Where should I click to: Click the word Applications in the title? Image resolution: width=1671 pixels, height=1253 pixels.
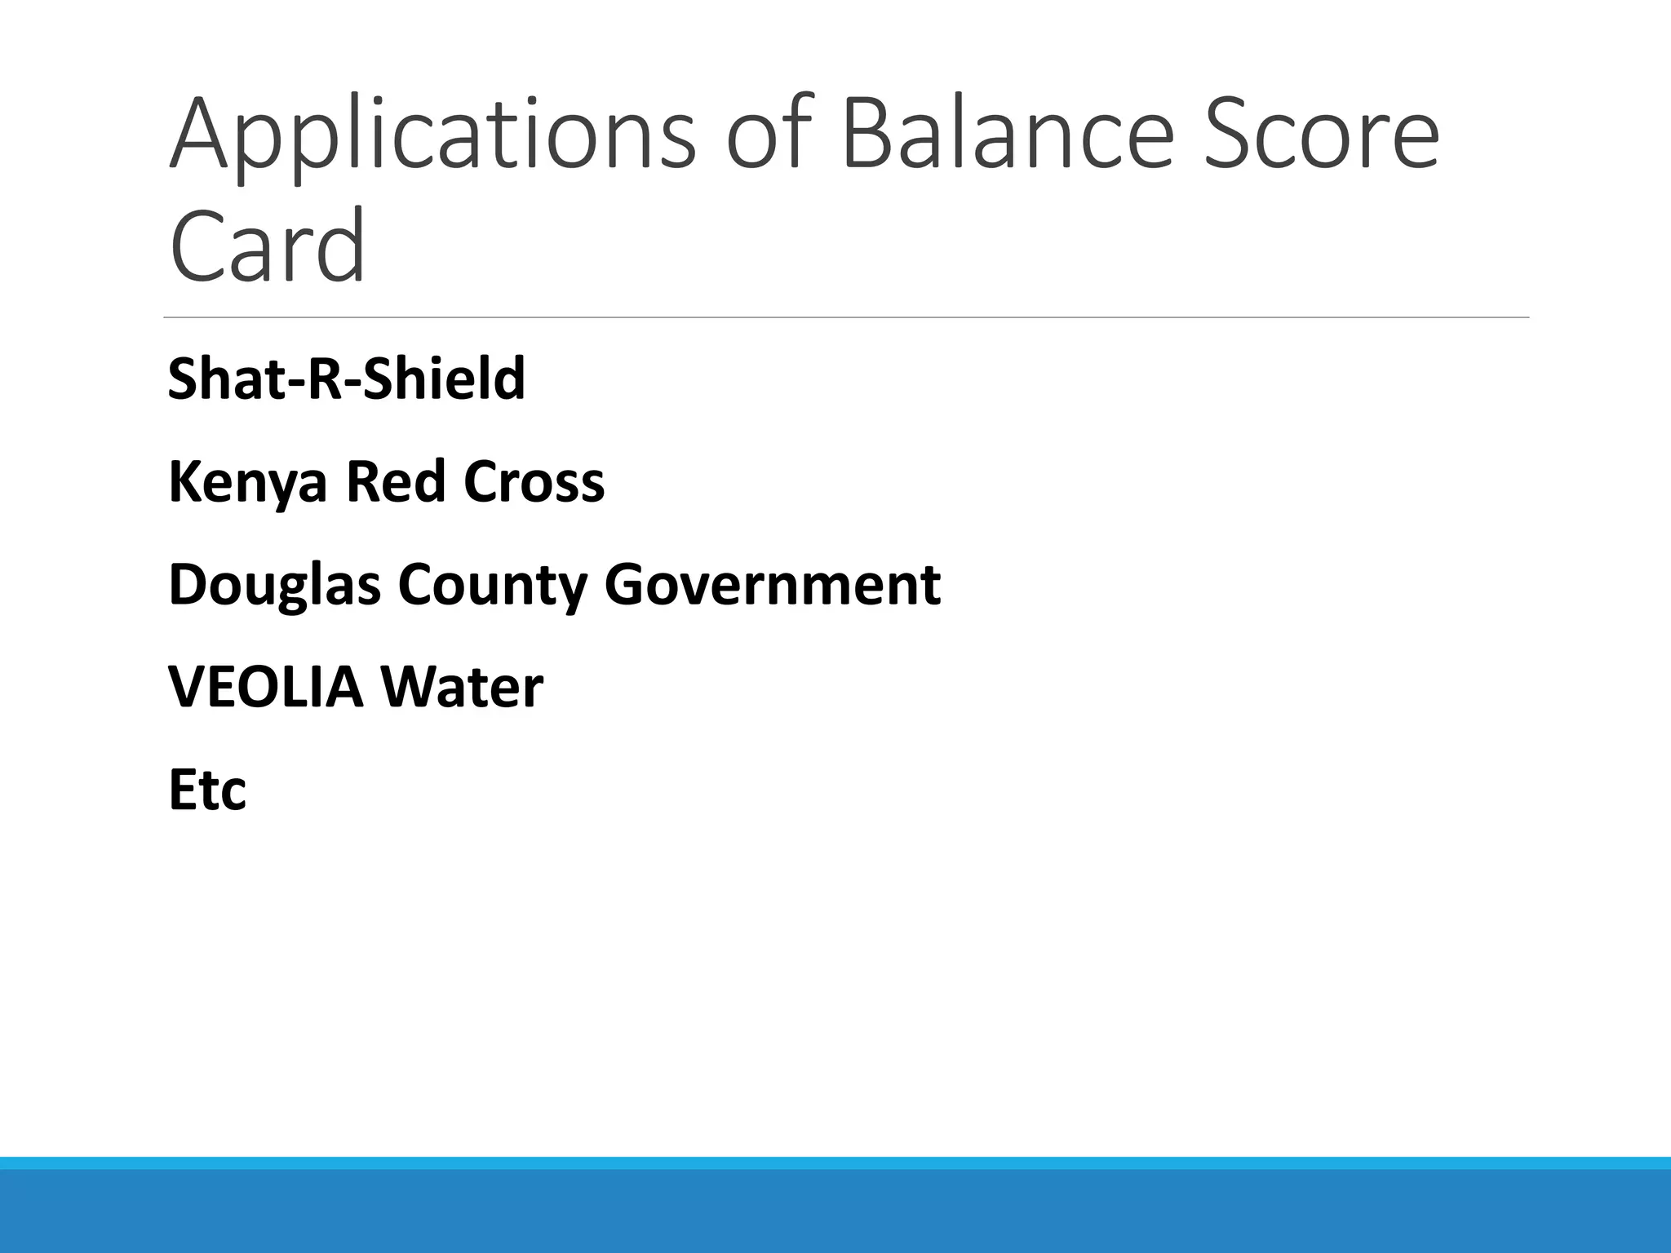click(432, 135)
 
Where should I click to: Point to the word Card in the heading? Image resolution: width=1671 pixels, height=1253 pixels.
click(267, 245)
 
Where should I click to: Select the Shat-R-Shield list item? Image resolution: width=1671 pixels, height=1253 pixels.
click(346, 379)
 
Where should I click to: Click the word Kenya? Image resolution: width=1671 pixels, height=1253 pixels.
click(247, 482)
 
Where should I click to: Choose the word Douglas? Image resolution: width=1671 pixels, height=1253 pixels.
click(274, 585)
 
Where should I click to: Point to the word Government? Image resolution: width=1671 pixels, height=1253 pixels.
click(772, 585)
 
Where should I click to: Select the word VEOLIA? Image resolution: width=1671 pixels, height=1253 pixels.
click(265, 687)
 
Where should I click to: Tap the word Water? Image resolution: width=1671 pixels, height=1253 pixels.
click(461, 687)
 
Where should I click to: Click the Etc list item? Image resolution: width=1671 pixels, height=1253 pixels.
click(207, 790)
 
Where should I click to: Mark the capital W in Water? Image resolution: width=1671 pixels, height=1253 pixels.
click(411, 687)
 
